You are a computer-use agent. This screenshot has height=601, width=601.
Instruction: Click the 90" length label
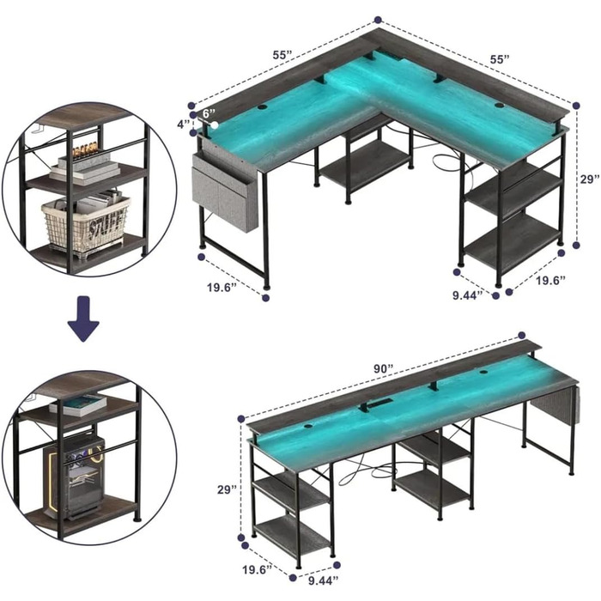384,368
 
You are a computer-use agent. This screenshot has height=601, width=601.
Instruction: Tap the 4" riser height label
184,124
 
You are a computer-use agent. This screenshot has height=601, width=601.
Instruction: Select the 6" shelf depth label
209,113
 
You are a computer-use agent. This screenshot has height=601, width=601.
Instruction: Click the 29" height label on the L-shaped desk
590,179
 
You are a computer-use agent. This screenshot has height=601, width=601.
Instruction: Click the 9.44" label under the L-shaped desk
467,295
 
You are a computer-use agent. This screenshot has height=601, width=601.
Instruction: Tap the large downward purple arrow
83,319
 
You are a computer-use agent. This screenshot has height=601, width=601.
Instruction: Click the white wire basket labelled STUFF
87,227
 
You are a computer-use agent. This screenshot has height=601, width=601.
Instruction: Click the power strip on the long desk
375,404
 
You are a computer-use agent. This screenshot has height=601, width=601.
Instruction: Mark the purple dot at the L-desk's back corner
378,19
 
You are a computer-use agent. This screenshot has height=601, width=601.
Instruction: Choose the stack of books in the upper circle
84,168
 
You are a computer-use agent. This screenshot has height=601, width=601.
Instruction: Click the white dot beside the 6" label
215,125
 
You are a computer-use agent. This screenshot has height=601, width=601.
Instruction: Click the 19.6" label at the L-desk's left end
222,287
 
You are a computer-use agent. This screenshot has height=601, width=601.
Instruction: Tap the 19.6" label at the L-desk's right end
550,280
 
